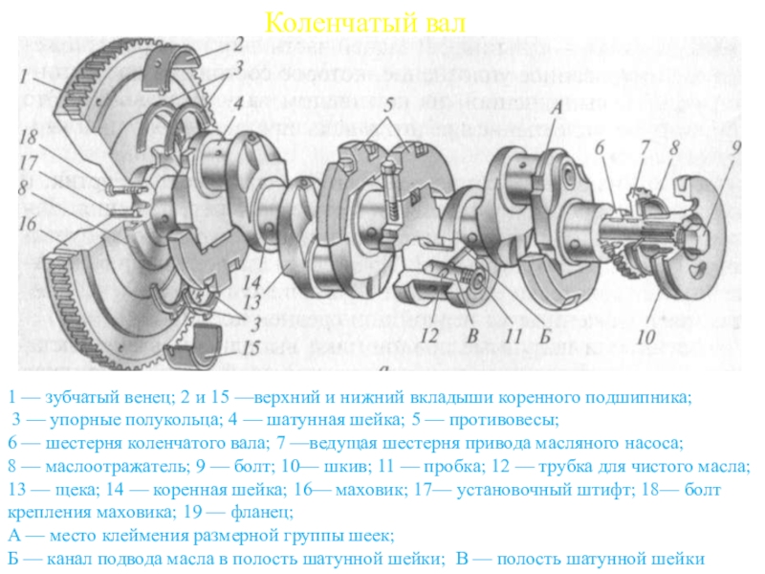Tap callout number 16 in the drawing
28,222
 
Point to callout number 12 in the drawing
427,336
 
